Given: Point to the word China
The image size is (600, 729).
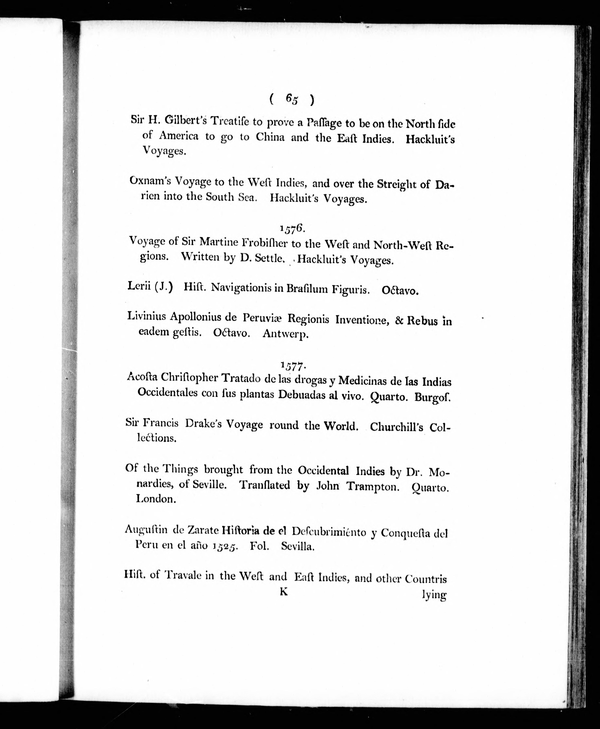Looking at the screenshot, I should [270, 137].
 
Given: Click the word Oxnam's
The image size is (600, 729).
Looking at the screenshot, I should [150, 181].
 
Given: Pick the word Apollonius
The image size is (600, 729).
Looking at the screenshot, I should [201, 317].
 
